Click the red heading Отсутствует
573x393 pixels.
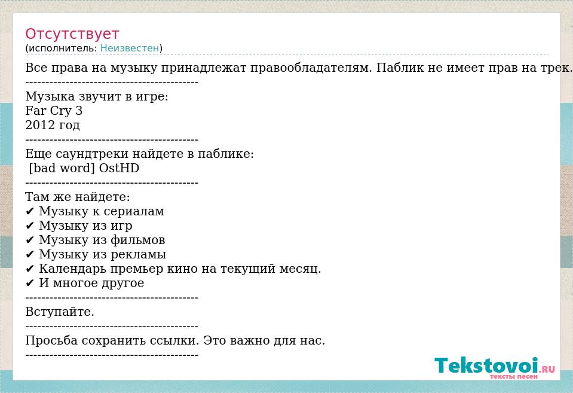72,33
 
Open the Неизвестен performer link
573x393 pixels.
130,48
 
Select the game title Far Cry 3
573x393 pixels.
54,111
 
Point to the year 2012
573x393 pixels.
39,125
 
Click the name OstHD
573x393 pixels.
119,168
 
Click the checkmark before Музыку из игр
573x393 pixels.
30,226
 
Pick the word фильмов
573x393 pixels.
137,240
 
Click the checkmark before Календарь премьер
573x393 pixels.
30,269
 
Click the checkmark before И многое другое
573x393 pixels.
30,284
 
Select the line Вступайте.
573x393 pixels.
60,312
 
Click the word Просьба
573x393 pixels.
51,340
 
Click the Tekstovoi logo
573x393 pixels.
495,367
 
